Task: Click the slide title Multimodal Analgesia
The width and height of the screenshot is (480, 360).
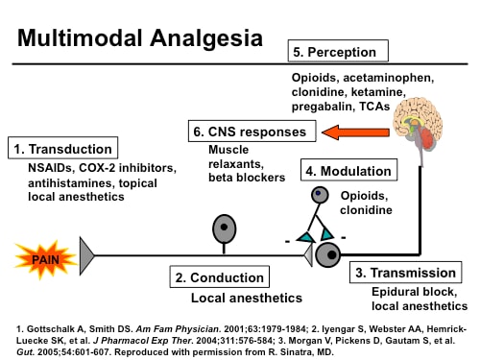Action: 140,39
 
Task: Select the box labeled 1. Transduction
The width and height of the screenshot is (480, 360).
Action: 63,149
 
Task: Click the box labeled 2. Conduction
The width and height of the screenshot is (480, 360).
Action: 219,278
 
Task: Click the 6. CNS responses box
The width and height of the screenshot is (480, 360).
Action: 262,131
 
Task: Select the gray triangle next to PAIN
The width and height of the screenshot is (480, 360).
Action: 86,255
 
